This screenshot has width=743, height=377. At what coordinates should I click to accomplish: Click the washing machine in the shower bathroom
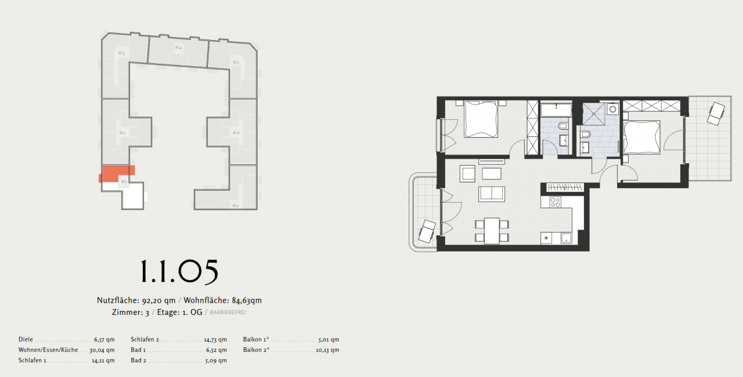pos(613,109)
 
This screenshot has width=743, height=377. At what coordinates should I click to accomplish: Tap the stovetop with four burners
pos(556,203)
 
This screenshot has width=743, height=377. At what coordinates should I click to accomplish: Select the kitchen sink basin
pos(565,237)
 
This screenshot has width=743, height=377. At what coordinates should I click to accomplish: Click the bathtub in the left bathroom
pos(556,108)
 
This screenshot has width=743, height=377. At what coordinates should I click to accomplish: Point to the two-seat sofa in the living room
pos(492,194)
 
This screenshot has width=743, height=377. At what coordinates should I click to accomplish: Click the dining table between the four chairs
pos(492,231)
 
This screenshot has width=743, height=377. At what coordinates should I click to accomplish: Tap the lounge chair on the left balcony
pos(428,231)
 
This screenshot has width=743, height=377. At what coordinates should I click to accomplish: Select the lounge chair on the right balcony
pos(715,113)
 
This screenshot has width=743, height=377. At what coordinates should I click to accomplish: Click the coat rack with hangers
pos(565,186)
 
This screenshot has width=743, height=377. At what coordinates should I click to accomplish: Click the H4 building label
pos(178,47)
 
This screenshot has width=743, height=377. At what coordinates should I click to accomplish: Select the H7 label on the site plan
pos(236,206)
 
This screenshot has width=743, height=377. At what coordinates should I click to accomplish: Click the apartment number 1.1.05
pos(179,271)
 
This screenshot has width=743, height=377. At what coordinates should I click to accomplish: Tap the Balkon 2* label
pos(256,350)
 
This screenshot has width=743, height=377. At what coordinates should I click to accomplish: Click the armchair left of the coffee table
pos(467,173)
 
